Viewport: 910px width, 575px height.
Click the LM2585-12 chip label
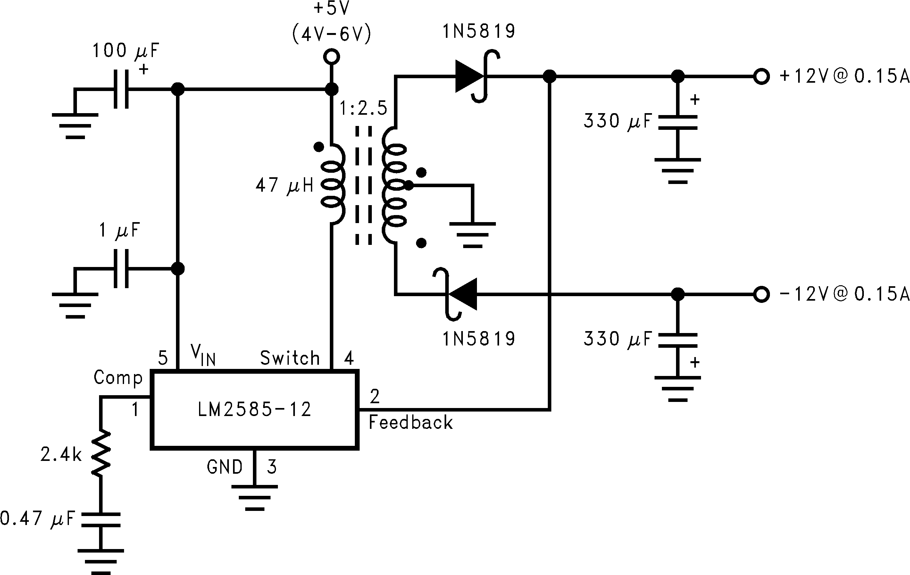[x=254, y=410]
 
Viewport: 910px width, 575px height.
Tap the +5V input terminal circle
[x=331, y=57]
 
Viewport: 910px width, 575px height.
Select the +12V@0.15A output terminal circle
[x=761, y=76]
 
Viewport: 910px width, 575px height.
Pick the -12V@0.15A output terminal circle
[x=761, y=294]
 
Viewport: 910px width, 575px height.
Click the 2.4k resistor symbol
[x=101, y=453]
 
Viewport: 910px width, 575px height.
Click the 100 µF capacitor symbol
[x=121, y=89]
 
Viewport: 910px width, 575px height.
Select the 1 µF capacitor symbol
[x=121, y=269]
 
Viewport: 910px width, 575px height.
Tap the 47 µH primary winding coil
[x=333, y=184]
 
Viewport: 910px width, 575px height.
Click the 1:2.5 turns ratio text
[x=363, y=108]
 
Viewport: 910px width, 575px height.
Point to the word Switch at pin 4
[x=290, y=358]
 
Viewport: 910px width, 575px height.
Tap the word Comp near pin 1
[x=118, y=378]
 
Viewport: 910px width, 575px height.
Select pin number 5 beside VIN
[x=163, y=358]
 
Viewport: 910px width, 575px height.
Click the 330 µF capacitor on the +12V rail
[x=678, y=122]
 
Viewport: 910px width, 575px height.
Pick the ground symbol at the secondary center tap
[x=472, y=235]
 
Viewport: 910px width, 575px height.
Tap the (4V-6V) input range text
[x=331, y=34]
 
